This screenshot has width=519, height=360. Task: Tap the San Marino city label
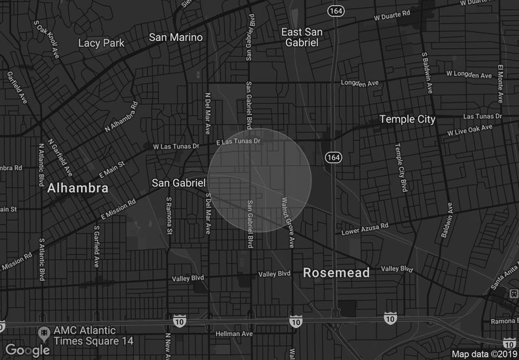(176, 38)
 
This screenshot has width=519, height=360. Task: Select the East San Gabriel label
(302, 37)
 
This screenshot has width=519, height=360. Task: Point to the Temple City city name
(407, 119)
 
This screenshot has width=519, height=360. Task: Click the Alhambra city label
(77, 189)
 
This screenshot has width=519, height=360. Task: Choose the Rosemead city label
(336, 273)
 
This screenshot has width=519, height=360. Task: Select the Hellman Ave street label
(234, 334)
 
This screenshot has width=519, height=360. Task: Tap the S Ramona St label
(169, 216)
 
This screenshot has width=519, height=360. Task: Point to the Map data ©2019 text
(483, 354)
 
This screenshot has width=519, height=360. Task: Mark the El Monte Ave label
(500, 83)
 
